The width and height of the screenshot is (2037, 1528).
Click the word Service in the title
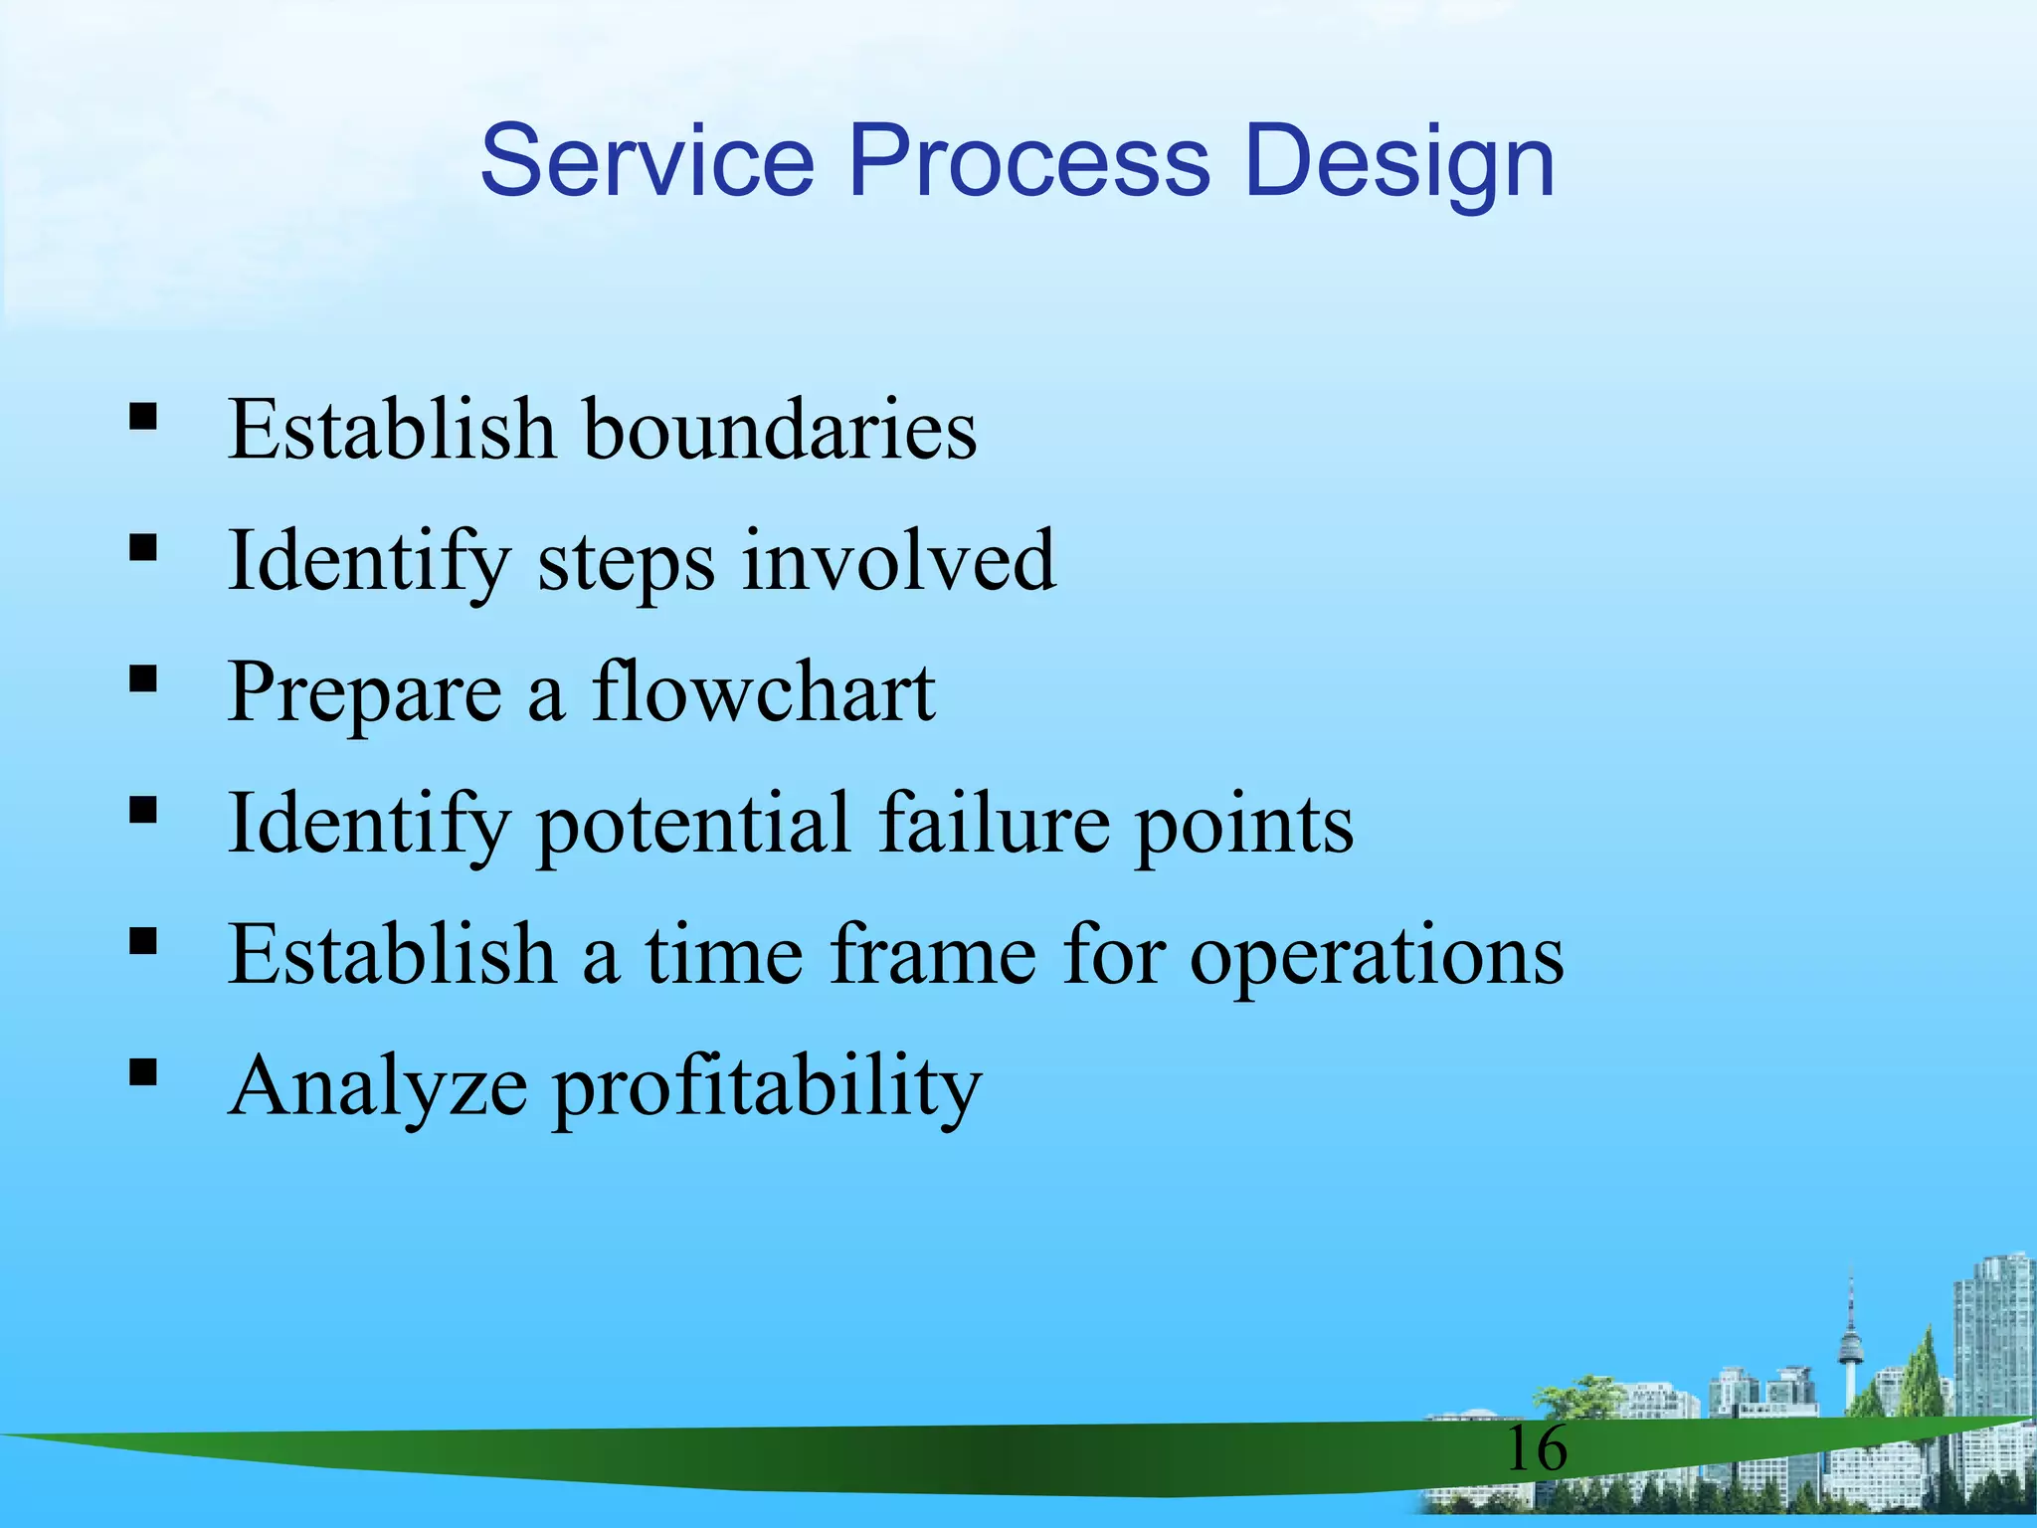pos(647,161)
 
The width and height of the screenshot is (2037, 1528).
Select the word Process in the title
pos(1028,161)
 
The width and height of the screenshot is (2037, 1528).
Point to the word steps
pos(626,563)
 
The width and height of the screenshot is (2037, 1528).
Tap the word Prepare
pos(364,695)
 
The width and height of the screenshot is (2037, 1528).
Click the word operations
pos(1377,958)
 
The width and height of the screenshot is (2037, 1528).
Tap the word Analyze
pos(377,1087)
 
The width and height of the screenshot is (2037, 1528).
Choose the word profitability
pos(767,1089)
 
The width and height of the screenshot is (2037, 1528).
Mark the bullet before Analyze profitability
pos(143,1071)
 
